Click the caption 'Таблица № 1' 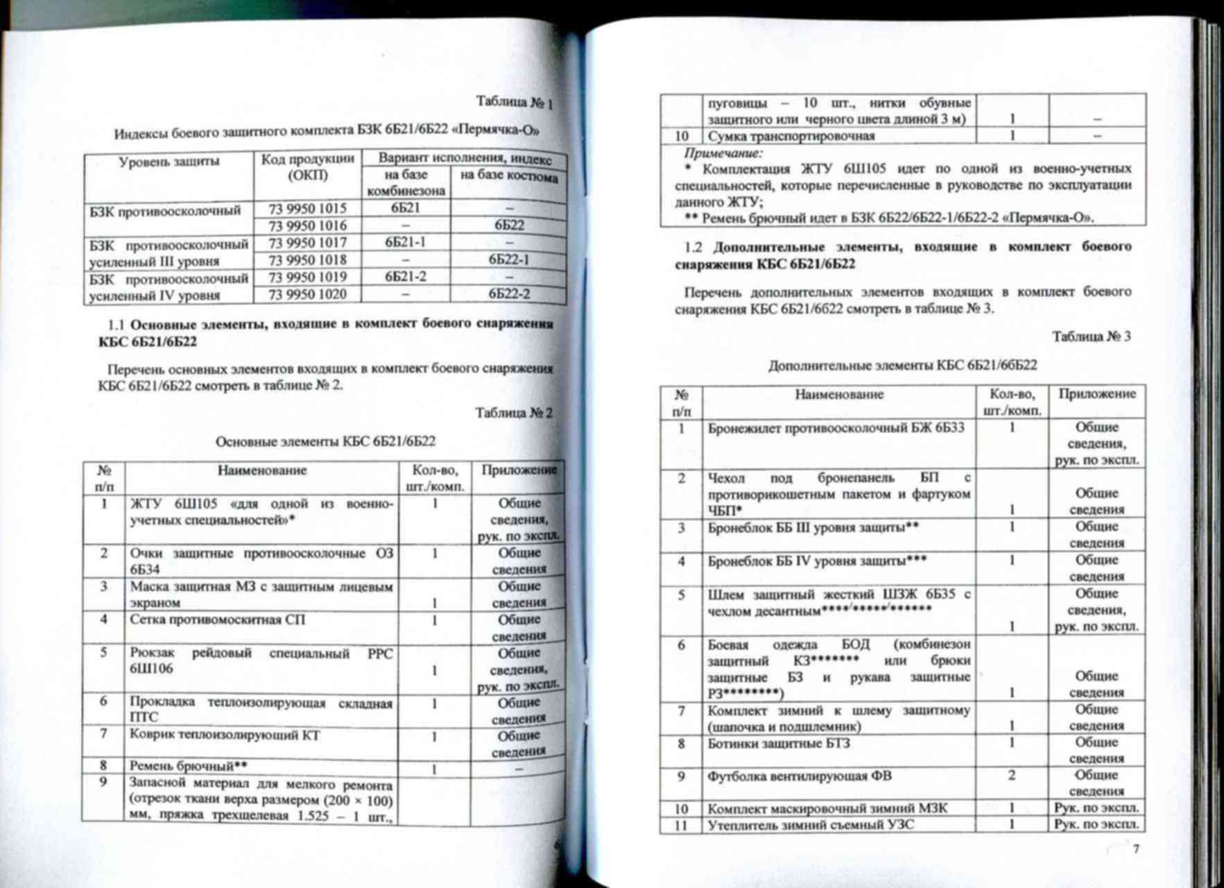pos(514,103)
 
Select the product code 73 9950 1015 pos(307,208)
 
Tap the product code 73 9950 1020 pos(307,294)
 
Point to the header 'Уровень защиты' pos(169,162)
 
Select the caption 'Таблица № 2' pos(514,413)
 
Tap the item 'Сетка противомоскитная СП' pos(218,620)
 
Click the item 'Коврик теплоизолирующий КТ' pos(225,735)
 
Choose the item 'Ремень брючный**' pos(189,766)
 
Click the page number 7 pos(1136,849)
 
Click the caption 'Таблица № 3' pos(1092,336)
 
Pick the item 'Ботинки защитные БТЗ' pos(779,744)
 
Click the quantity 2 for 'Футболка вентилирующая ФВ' pos(1012,775)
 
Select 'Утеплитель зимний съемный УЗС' pos(810,825)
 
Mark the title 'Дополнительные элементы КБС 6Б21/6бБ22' pos(902,365)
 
